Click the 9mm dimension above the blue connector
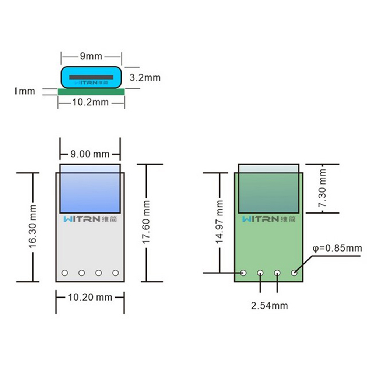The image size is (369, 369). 91,56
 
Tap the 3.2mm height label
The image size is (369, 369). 145,78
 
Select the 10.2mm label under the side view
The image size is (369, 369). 90,102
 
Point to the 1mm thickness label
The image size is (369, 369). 24,91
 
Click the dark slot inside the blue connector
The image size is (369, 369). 91,77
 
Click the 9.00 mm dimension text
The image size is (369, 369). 90,154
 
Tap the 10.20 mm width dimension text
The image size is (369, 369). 90,297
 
